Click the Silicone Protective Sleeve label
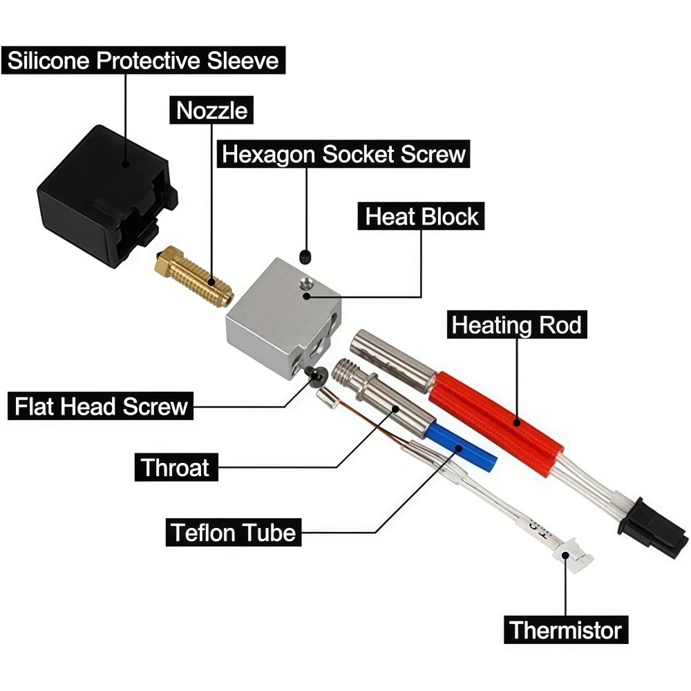143,60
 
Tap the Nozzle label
211,110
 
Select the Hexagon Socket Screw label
343,154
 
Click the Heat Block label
421,216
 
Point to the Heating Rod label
516,325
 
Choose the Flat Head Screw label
100,406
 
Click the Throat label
176,467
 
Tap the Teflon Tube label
234,532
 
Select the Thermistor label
566,630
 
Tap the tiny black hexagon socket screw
305,257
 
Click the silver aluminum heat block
284,318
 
